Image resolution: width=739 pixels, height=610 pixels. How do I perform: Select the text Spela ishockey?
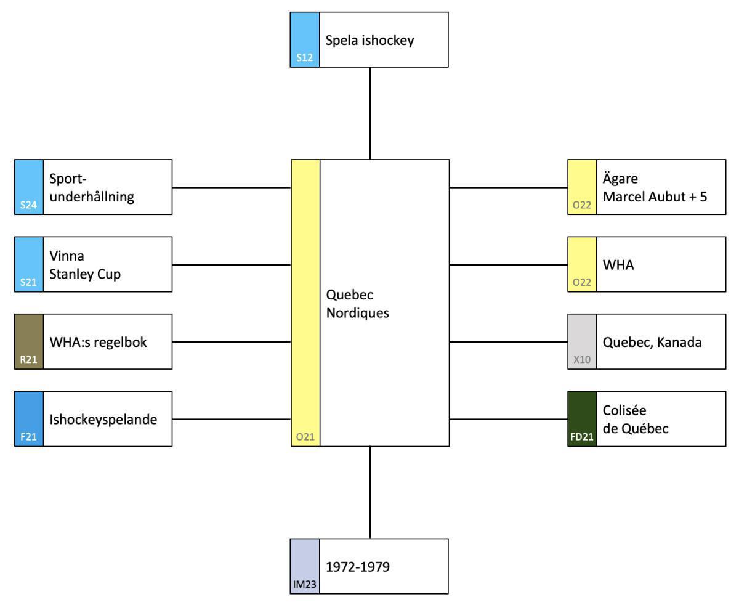click(x=369, y=41)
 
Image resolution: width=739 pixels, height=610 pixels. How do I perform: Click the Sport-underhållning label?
click(x=92, y=188)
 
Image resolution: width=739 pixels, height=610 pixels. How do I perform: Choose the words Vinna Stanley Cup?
click(x=85, y=265)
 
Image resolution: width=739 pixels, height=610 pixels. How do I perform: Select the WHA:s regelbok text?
click(x=99, y=342)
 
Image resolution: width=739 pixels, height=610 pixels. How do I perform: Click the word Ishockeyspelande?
click(x=103, y=420)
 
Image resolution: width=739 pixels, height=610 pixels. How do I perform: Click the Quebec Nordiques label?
click(x=358, y=304)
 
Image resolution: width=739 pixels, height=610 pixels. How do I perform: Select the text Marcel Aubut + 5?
click(x=655, y=197)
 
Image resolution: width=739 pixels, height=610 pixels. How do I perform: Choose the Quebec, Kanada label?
click(x=652, y=342)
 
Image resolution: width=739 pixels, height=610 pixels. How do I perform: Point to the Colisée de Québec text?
click(x=636, y=420)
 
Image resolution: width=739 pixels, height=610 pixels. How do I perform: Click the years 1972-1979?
click(x=358, y=567)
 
